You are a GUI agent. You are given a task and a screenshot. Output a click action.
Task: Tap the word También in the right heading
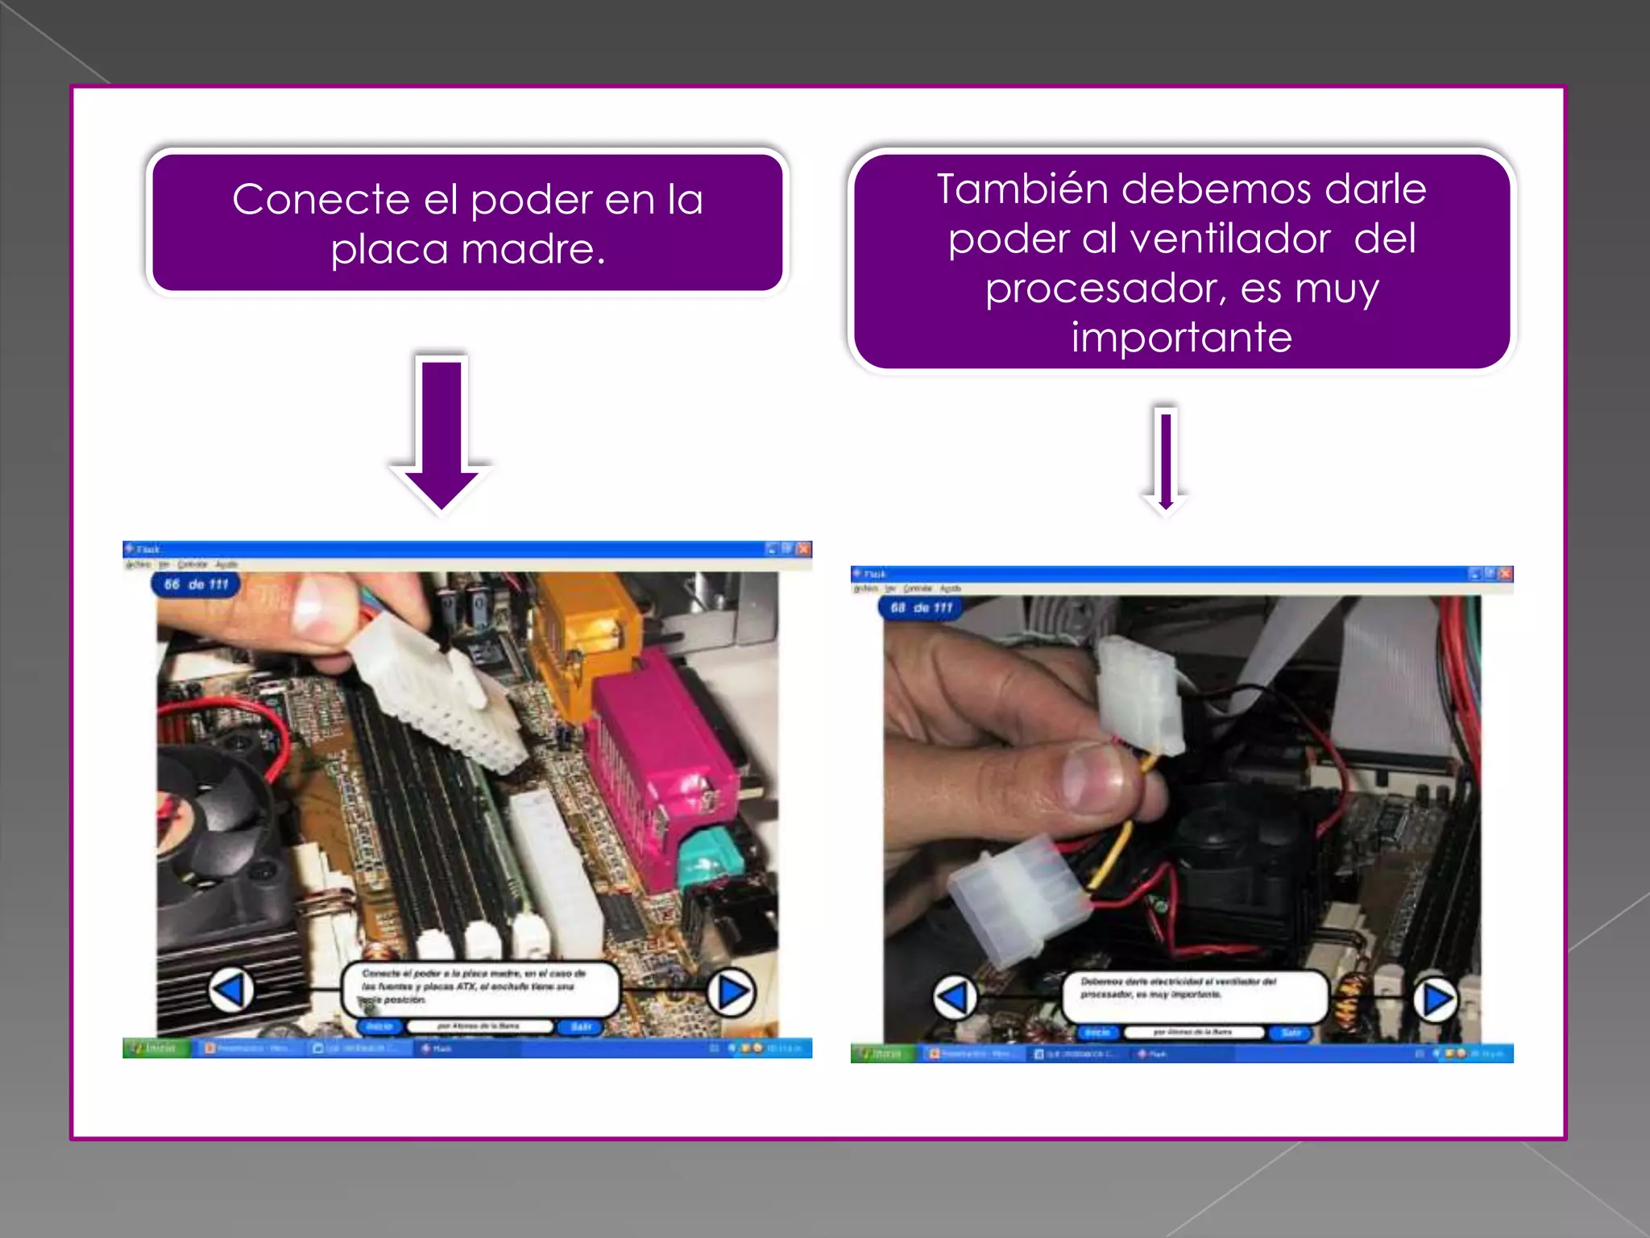coord(1022,189)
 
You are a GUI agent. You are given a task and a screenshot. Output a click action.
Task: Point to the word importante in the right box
coord(1181,337)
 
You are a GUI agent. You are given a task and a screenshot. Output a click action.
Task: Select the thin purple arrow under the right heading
coord(1165,459)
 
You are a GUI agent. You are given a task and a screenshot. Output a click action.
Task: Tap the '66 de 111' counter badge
coord(196,584)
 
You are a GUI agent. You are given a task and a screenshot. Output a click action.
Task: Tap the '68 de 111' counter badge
coord(921,608)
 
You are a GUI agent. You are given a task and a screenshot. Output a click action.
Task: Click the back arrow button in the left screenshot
coord(231,990)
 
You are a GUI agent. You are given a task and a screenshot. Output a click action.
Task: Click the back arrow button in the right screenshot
coord(955,998)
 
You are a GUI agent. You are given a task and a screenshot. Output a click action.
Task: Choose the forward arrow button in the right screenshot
coord(1436,999)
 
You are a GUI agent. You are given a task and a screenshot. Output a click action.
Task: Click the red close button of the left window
coord(803,549)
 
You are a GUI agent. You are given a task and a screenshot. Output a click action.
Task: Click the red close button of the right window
coord(1505,574)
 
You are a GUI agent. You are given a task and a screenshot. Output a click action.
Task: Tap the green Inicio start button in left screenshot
coord(155,1048)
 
